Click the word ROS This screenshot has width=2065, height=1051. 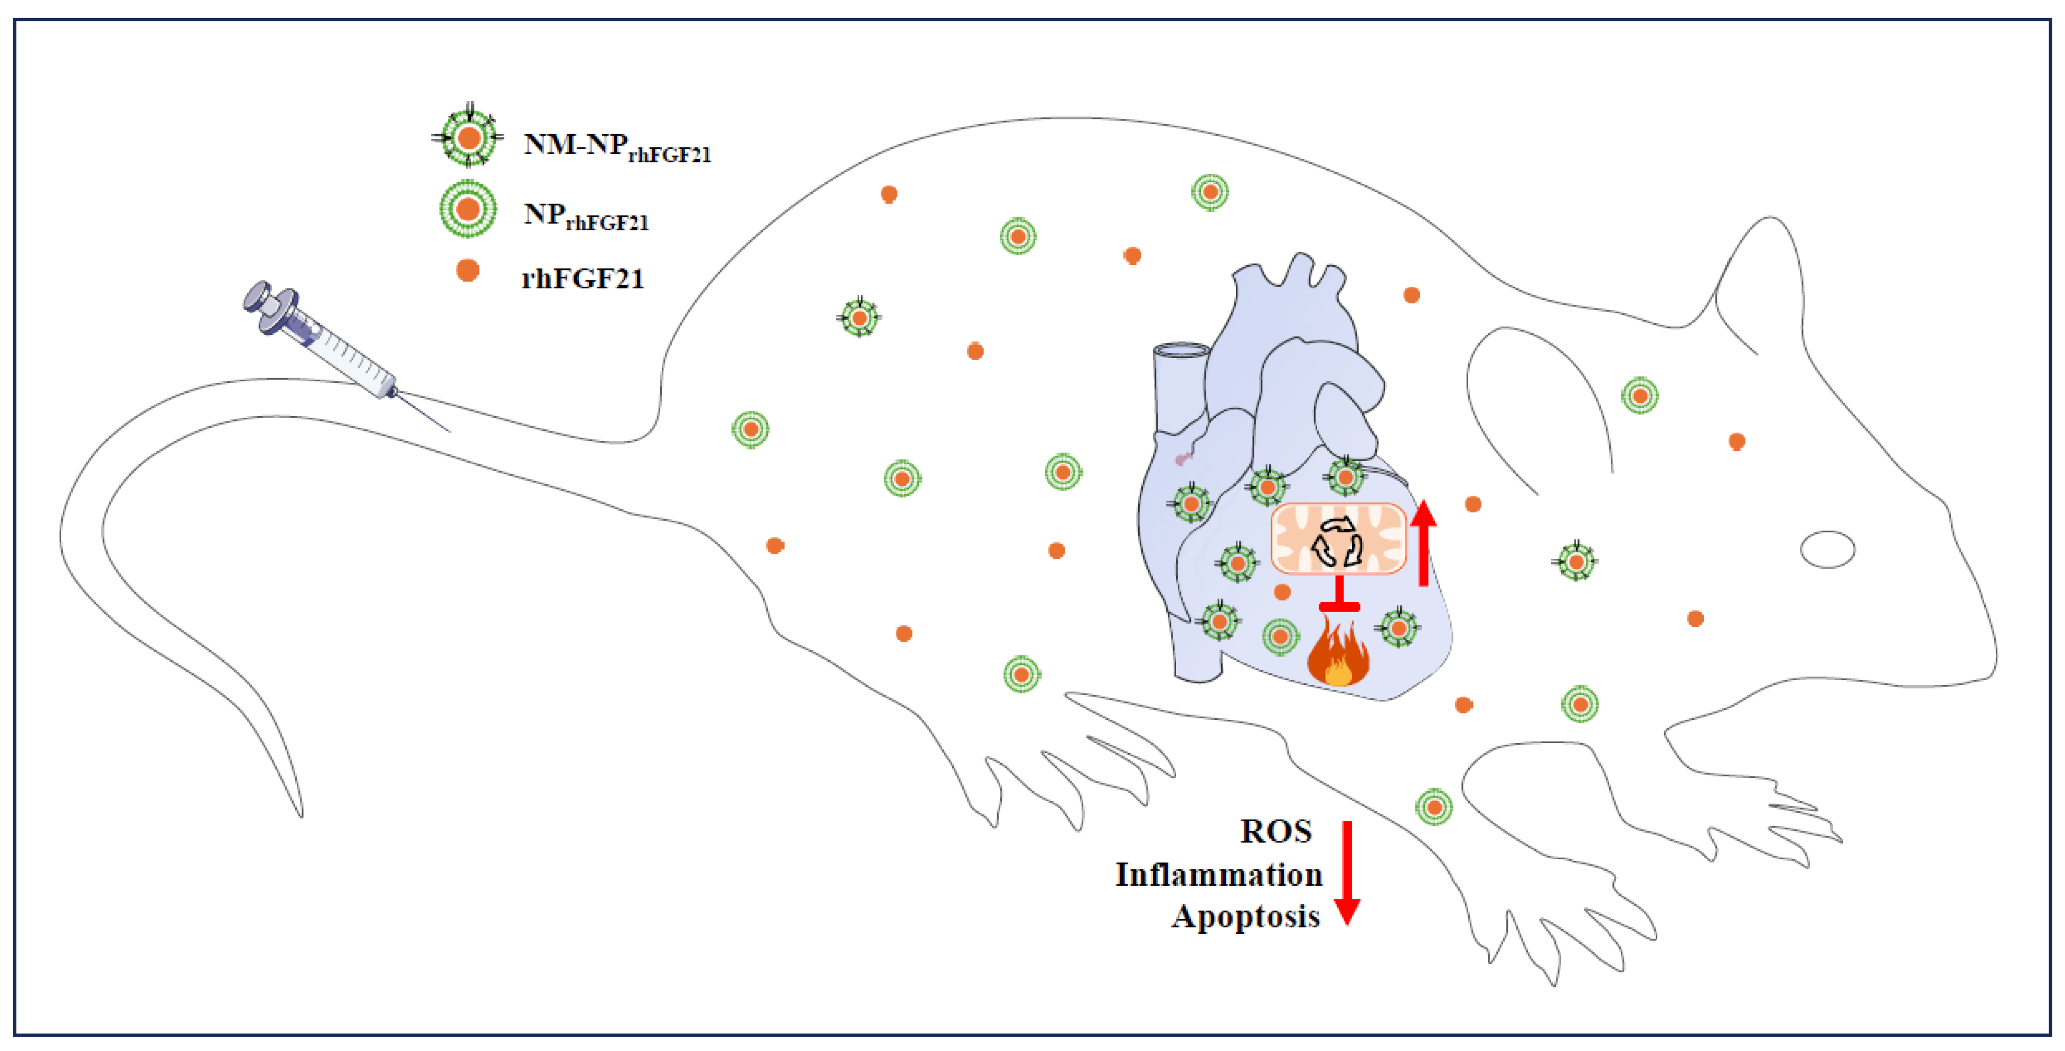tap(1275, 831)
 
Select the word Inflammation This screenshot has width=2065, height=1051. tap(1218, 875)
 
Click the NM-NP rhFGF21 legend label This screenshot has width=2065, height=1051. tap(617, 147)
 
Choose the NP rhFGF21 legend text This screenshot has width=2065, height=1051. tap(585, 217)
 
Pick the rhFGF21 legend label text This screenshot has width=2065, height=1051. tap(583, 279)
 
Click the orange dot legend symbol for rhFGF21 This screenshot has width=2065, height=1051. tap(467, 271)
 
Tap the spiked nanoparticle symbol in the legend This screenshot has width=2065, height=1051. tap(468, 137)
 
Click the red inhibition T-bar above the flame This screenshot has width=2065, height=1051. tap(1339, 598)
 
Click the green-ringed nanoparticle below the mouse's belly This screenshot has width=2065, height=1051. tap(1434, 806)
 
